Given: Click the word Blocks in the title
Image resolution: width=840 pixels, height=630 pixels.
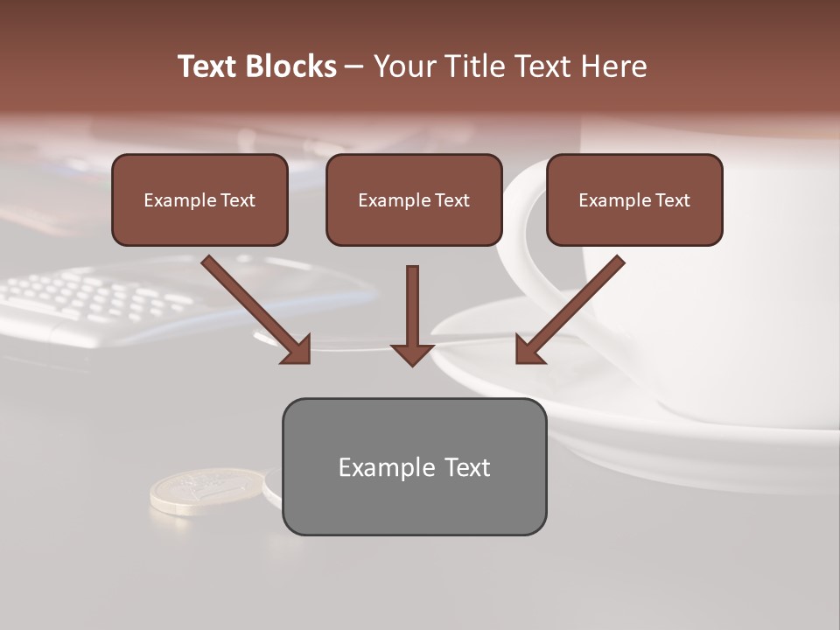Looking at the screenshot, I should (293, 66).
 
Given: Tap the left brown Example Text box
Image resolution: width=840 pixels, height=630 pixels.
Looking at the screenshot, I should (199, 199).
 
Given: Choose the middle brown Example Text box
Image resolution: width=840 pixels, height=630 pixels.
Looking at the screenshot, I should (414, 199).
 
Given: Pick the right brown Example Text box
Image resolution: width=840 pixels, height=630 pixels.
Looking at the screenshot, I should (634, 199).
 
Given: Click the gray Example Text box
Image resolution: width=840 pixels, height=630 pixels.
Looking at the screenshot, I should (414, 466).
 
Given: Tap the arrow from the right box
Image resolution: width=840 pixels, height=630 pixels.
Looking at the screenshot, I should (573, 306).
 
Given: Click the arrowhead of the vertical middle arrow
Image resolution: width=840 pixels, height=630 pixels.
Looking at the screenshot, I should (412, 353).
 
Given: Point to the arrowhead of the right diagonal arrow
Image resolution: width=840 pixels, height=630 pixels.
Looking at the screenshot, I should (528, 350).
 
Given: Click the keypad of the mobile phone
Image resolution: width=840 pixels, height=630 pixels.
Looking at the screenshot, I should (96, 297).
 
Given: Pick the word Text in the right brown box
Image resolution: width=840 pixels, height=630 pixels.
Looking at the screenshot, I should (672, 200).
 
